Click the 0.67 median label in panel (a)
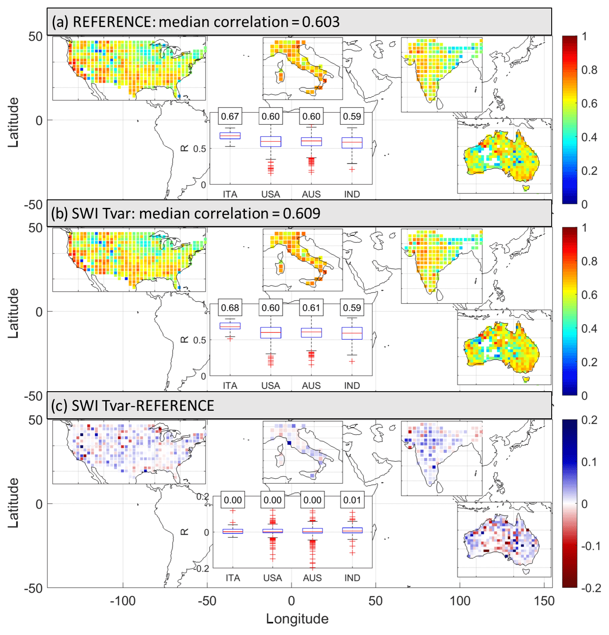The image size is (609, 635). pos(230,116)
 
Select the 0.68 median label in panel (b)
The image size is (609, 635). pos(230,308)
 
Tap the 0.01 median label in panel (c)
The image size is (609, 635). pos(352,500)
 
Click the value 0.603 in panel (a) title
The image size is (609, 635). pos(321,22)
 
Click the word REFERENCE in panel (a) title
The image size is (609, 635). pos(113,22)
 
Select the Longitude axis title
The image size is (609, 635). pos(297,619)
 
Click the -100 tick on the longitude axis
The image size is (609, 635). pos(123,601)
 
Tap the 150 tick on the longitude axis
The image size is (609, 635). pos(544,601)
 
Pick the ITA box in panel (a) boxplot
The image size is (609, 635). pos(230,136)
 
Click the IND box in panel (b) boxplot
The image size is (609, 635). pos(352,333)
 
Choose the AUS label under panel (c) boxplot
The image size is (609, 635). pos(312,578)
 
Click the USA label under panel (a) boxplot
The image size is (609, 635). pos(271,194)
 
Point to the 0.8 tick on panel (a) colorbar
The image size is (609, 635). pos(589,70)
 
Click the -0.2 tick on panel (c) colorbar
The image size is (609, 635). pos(591,588)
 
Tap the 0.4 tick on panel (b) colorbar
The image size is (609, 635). pos(589,329)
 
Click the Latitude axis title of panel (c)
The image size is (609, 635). pos(13,503)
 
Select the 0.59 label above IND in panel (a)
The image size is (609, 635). pos(352,116)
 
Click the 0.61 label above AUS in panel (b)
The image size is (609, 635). pos(311,308)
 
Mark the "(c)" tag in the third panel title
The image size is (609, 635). pos(60,406)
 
